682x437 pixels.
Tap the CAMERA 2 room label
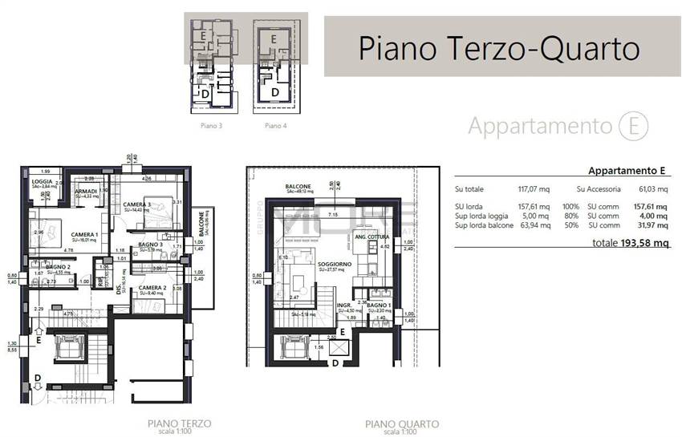(x=152, y=287)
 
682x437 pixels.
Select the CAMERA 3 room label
(x=136, y=205)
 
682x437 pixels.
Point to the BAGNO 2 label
(x=59, y=267)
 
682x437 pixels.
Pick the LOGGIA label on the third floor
(x=43, y=181)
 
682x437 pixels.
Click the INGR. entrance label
(x=344, y=305)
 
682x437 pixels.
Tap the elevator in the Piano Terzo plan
(x=63, y=350)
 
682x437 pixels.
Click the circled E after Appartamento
(x=633, y=126)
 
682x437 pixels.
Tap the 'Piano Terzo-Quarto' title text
(x=498, y=47)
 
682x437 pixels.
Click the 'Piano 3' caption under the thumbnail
(x=211, y=126)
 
